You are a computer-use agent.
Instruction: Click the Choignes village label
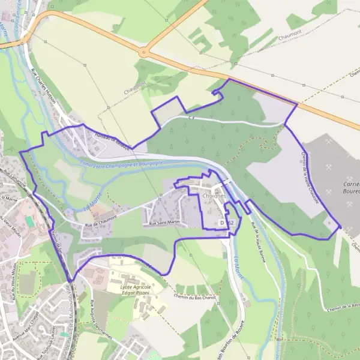pos(214,195)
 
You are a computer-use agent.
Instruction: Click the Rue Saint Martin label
pos(164,223)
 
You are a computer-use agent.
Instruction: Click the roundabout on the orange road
pos(143,53)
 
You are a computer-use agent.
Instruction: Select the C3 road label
pos(192,118)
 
